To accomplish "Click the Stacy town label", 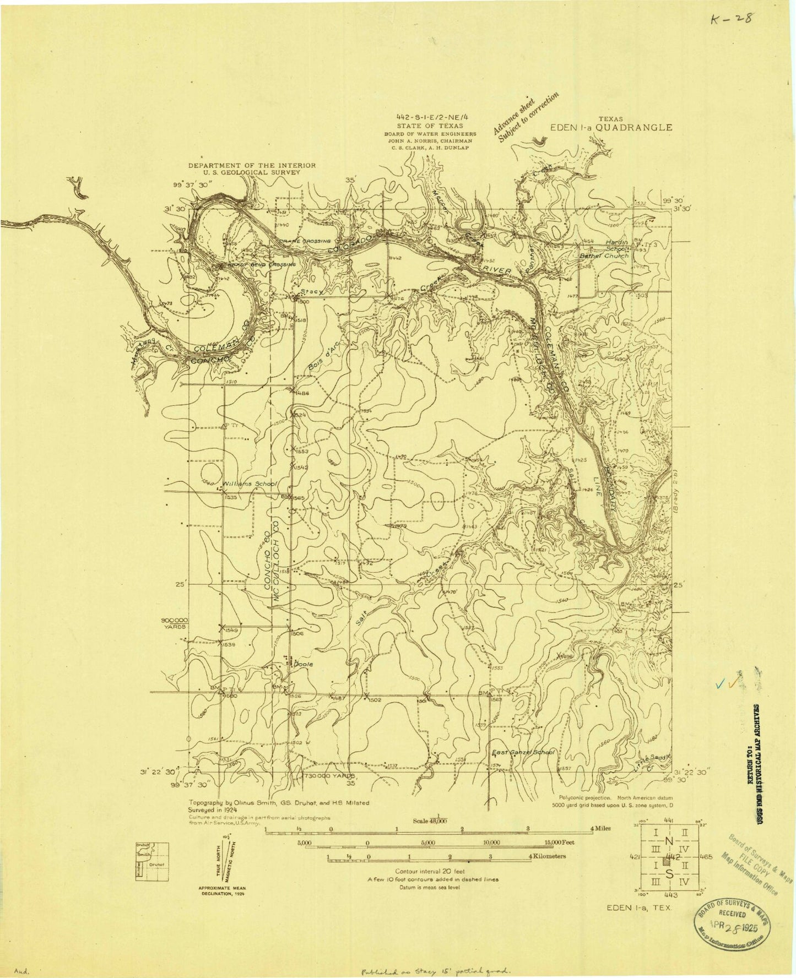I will coord(311,291).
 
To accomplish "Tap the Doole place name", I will coord(304,664).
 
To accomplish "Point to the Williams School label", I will coord(250,483).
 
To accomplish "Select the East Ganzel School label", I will coord(523,752).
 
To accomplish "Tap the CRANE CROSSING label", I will coord(305,241).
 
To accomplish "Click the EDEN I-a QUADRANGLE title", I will coord(611,127).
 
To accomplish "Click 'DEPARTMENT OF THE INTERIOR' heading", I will coord(252,165).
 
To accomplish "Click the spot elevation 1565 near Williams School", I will coord(299,498).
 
